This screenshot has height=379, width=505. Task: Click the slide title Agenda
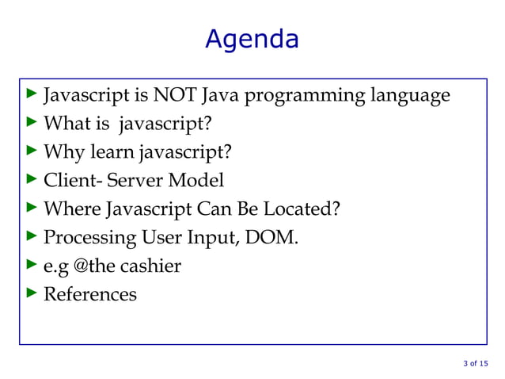[x=252, y=38]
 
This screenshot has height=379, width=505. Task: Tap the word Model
[x=199, y=181]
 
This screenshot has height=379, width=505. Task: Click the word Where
[x=71, y=209]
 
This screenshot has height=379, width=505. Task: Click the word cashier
[x=154, y=266]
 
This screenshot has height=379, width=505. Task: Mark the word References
[x=89, y=294]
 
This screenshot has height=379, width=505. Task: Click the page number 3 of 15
[x=475, y=364]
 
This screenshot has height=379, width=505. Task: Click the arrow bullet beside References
[x=32, y=293]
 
